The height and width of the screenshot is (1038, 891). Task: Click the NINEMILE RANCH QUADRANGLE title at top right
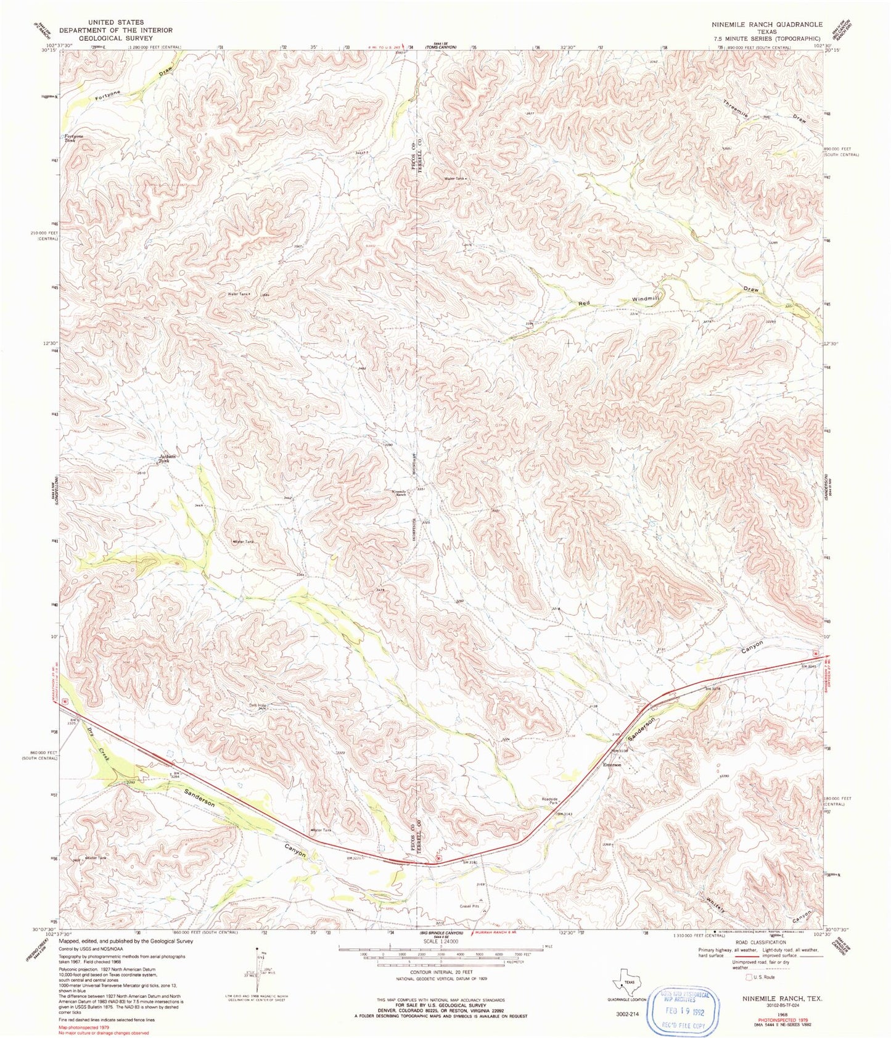pyautogui.click(x=765, y=25)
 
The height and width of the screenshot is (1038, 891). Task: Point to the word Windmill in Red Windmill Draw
pyautogui.click(x=646, y=299)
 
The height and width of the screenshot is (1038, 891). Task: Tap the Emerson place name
pyautogui.click(x=612, y=765)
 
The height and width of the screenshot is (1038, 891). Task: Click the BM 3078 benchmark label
pyautogui.click(x=712, y=688)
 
